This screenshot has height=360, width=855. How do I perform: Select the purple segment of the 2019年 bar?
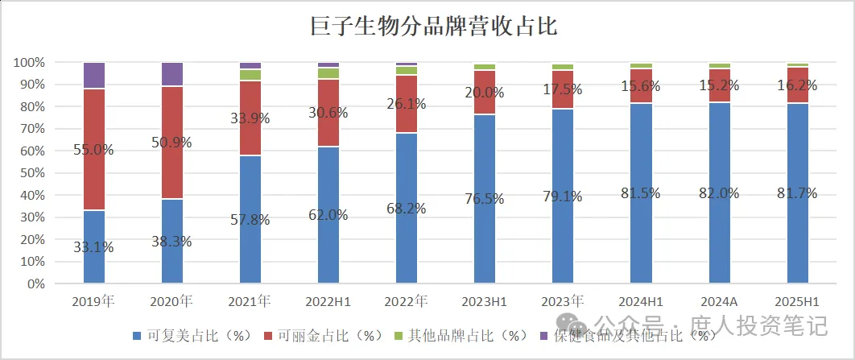94,75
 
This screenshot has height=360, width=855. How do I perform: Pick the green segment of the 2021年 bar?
250,75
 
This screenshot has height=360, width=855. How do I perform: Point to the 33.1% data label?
94,247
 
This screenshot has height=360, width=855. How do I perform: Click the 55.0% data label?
94,149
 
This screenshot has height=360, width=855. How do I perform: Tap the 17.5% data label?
563,89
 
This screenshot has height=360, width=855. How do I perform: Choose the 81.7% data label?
797,193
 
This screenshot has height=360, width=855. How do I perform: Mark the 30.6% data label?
328,113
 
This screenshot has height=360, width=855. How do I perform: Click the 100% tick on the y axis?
29,63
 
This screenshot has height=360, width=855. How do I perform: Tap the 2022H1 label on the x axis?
328,302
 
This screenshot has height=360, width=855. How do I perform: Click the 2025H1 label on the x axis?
797,302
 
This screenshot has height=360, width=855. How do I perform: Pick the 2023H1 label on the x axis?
485,302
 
